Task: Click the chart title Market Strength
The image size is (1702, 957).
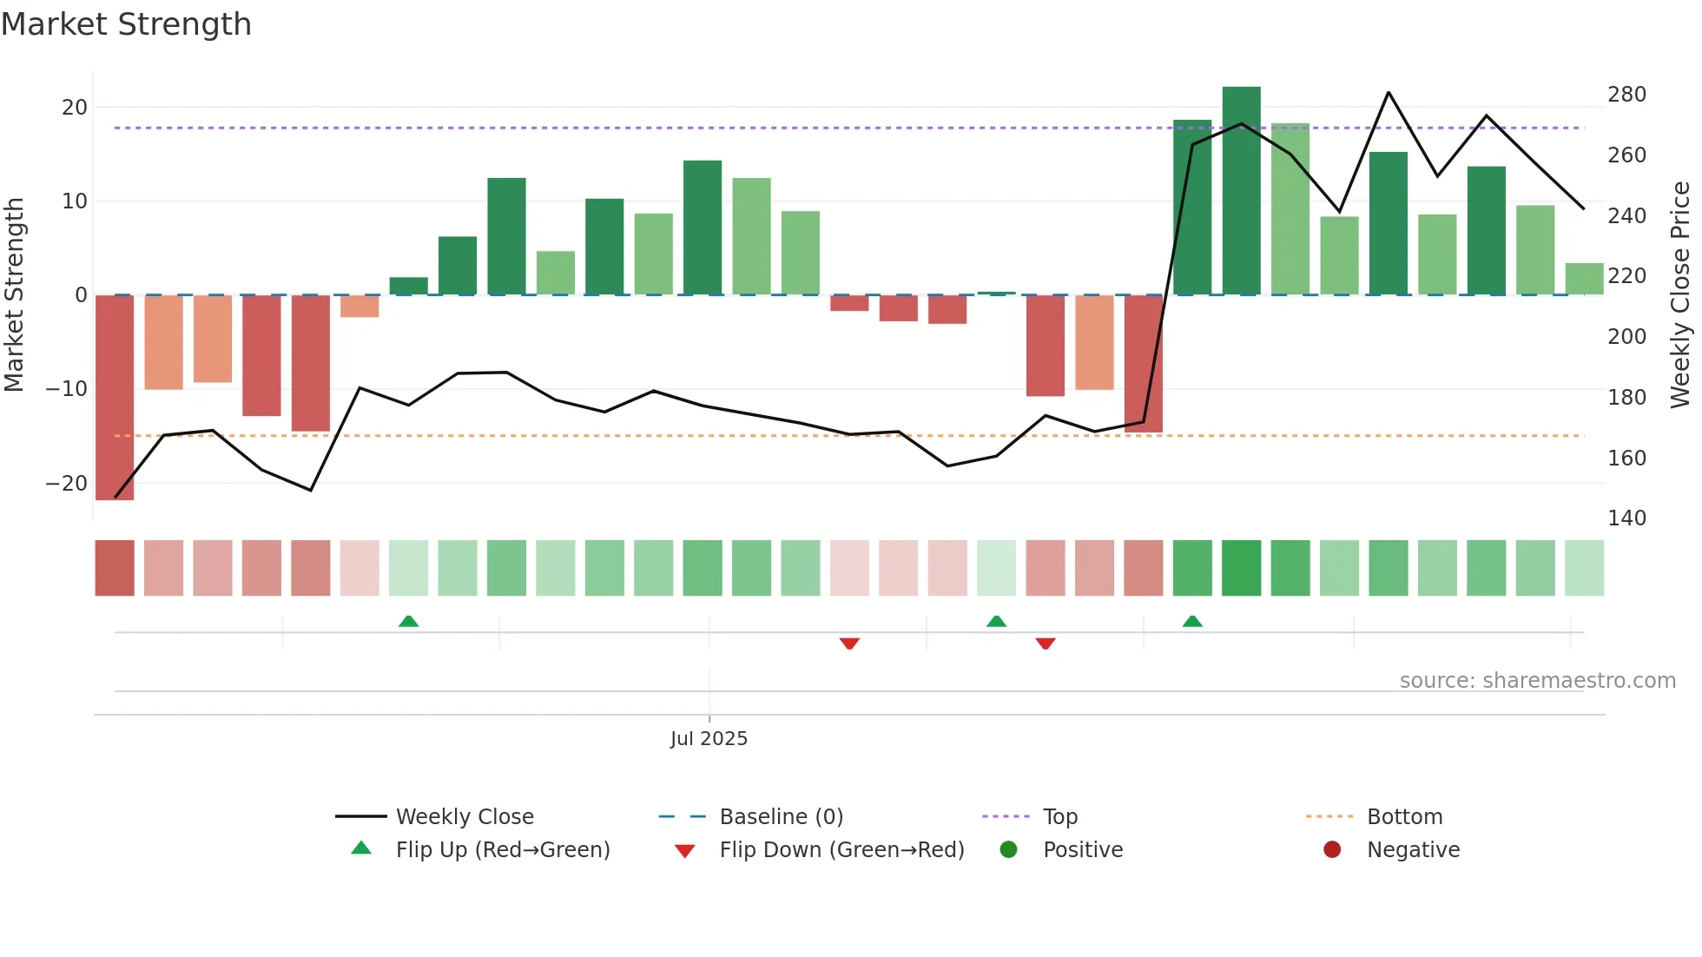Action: tap(126, 24)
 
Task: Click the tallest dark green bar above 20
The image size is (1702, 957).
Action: tap(1241, 191)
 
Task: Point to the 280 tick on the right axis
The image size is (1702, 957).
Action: tap(1626, 95)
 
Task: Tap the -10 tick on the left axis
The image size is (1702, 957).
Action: tap(66, 389)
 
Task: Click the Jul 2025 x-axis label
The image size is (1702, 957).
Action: tap(709, 739)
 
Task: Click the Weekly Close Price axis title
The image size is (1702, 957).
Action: tap(1680, 295)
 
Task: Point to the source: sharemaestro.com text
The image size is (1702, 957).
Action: tap(1537, 681)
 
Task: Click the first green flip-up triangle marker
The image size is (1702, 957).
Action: tap(408, 621)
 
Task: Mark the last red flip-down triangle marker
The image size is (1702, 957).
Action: tap(1046, 643)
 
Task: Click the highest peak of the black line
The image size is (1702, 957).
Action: tap(1389, 92)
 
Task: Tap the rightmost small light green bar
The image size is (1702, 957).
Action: tap(1584, 279)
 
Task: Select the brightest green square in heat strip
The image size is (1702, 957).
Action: tap(1241, 568)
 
